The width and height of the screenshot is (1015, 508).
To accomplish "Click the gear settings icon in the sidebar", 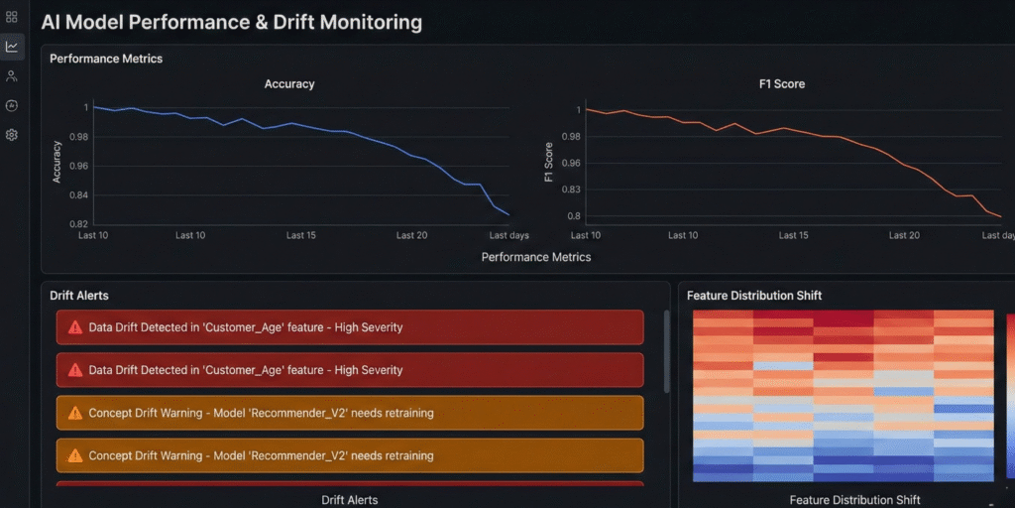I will click(12, 135).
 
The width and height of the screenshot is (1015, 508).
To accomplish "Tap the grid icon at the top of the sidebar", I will click(12, 17).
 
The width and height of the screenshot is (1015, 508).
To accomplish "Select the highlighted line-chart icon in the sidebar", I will click(12, 47).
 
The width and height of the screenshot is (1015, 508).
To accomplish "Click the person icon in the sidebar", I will click(12, 76).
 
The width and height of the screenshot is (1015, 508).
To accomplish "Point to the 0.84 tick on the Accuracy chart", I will click(78, 194).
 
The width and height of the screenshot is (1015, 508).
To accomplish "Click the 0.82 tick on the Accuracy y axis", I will click(78, 223).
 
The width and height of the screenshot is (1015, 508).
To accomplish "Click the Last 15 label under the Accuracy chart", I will click(300, 235).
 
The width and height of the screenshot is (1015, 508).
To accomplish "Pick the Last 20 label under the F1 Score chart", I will click(904, 235).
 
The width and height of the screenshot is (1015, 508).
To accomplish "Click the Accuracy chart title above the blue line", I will click(289, 84).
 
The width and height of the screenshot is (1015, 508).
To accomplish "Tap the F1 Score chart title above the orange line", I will click(781, 84).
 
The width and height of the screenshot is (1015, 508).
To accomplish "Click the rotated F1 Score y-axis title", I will click(549, 162).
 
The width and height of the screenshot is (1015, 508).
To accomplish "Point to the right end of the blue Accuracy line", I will click(509, 214).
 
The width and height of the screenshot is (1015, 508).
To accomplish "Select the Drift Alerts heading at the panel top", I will click(79, 296).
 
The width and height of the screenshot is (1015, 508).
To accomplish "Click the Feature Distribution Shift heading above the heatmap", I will click(754, 296).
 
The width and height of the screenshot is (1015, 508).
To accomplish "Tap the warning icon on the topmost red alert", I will click(75, 326).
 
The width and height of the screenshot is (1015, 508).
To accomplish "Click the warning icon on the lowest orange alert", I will click(75, 455).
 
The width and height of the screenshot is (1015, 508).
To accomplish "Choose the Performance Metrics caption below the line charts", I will click(535, 257).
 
